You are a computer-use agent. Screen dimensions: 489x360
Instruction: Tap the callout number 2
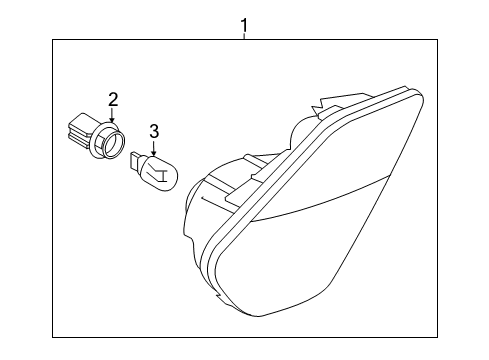[x=113, y=99]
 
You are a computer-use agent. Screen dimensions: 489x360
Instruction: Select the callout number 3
[x=154, y=130]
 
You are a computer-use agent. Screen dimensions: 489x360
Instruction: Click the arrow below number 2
[x=113, y=116]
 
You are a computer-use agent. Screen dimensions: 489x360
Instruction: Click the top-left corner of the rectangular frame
[x=52, y=38]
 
